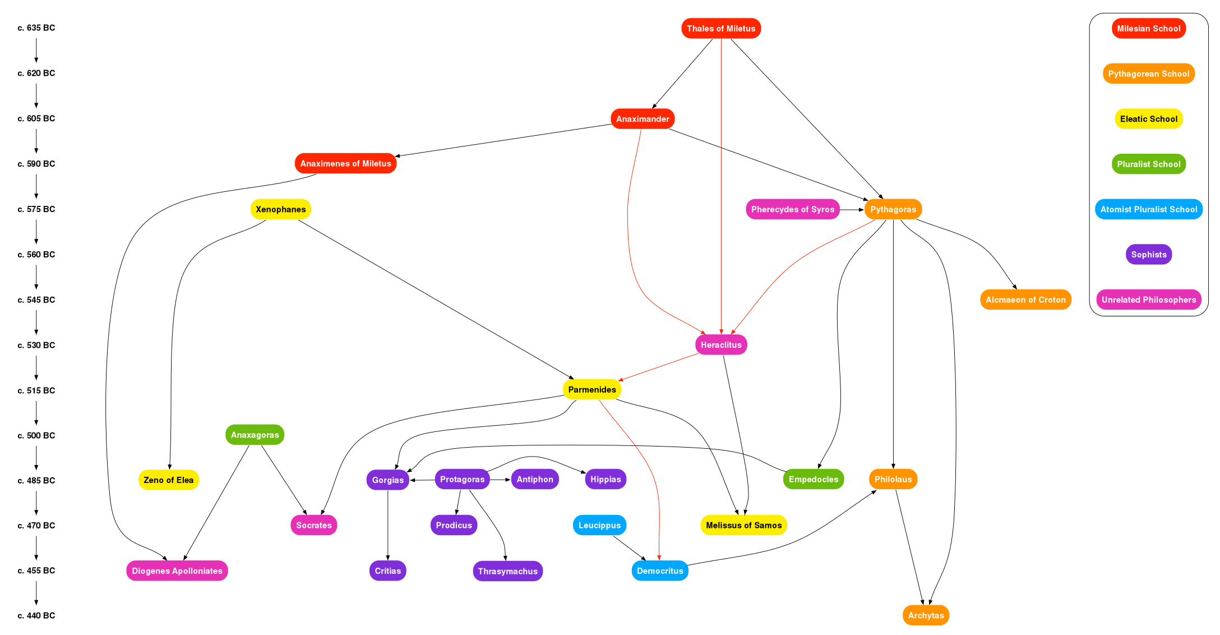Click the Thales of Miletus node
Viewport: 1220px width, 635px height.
(721, 29)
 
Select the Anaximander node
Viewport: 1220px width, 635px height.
(643, 119)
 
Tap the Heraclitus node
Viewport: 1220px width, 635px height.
(721, 345)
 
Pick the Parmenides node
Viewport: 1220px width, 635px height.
(592, 390)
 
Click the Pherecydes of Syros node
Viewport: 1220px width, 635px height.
(793, 209)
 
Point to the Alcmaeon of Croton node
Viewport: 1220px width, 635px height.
(1025, 300)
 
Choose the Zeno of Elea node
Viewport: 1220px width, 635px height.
(169, 480)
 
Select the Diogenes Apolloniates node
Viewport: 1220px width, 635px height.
(177, 571)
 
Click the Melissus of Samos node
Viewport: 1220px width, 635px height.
(744, 526)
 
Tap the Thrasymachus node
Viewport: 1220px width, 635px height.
(508, 572)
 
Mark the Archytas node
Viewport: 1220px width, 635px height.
(926, 615)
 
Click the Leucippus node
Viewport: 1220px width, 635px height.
(599, 526)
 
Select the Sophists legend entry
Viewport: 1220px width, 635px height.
(1149, 255)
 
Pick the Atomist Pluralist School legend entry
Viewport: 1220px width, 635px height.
(1149, 209)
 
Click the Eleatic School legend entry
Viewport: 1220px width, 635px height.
(1149, 119)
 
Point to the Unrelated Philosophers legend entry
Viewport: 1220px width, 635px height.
(1149, 300)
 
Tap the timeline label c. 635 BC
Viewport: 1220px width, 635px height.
(36, 28)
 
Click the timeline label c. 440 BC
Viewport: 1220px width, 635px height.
(36, 615)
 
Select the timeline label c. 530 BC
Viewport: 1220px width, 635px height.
(36, 345)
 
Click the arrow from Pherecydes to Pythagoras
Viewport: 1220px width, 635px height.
(852, 210)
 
